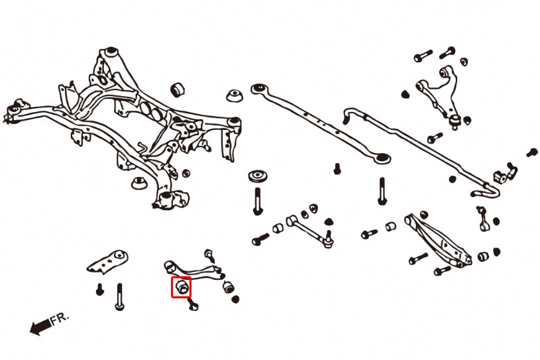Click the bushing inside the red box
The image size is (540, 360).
tap(182, 287)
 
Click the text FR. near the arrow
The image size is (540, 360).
tap(60, 320)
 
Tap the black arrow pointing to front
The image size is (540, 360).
tap(40, 326)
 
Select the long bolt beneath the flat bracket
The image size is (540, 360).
tap(119, 296)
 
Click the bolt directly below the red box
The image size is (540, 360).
tap(193, 304)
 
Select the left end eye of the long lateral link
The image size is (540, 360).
tap(258, 88)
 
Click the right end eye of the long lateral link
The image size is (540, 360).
tap(381, 158)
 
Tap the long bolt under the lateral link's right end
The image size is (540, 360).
tap(382, 192)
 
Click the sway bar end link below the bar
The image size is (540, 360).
tap(482, 218)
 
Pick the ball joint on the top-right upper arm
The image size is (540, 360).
tap(456, 119)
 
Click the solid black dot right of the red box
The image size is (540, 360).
tap(235, 300)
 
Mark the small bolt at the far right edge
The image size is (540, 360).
tap(531, 152)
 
